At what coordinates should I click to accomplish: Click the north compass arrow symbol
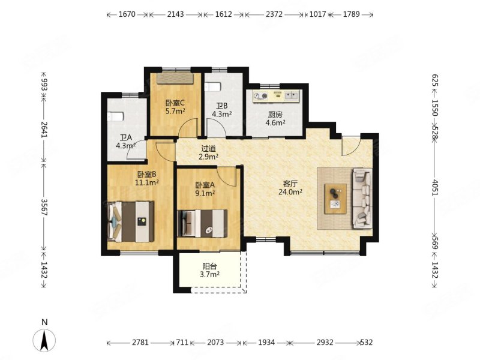[44, 340]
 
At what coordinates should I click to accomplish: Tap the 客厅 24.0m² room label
[290, 188]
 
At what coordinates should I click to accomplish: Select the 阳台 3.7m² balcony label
[209, 271]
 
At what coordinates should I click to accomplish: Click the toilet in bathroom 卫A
[115, 116]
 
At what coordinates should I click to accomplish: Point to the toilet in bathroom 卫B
[213, 87]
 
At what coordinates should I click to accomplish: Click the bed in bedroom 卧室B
[130, 221]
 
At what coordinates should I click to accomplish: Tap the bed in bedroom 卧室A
[203, 223]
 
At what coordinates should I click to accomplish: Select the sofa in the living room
[362, 198]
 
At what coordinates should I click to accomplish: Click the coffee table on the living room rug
[336, 199]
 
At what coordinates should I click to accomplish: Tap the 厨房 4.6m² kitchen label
[275, 118]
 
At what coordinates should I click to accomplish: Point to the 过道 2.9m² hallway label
[208, 152]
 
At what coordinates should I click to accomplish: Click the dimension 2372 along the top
[274, 14]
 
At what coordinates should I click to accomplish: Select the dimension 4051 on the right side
[435, 187]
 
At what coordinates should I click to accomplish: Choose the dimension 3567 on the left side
[44, 207]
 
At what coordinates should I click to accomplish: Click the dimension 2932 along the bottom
[325, 342]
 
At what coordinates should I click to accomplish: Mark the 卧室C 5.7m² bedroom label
[175, 107]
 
